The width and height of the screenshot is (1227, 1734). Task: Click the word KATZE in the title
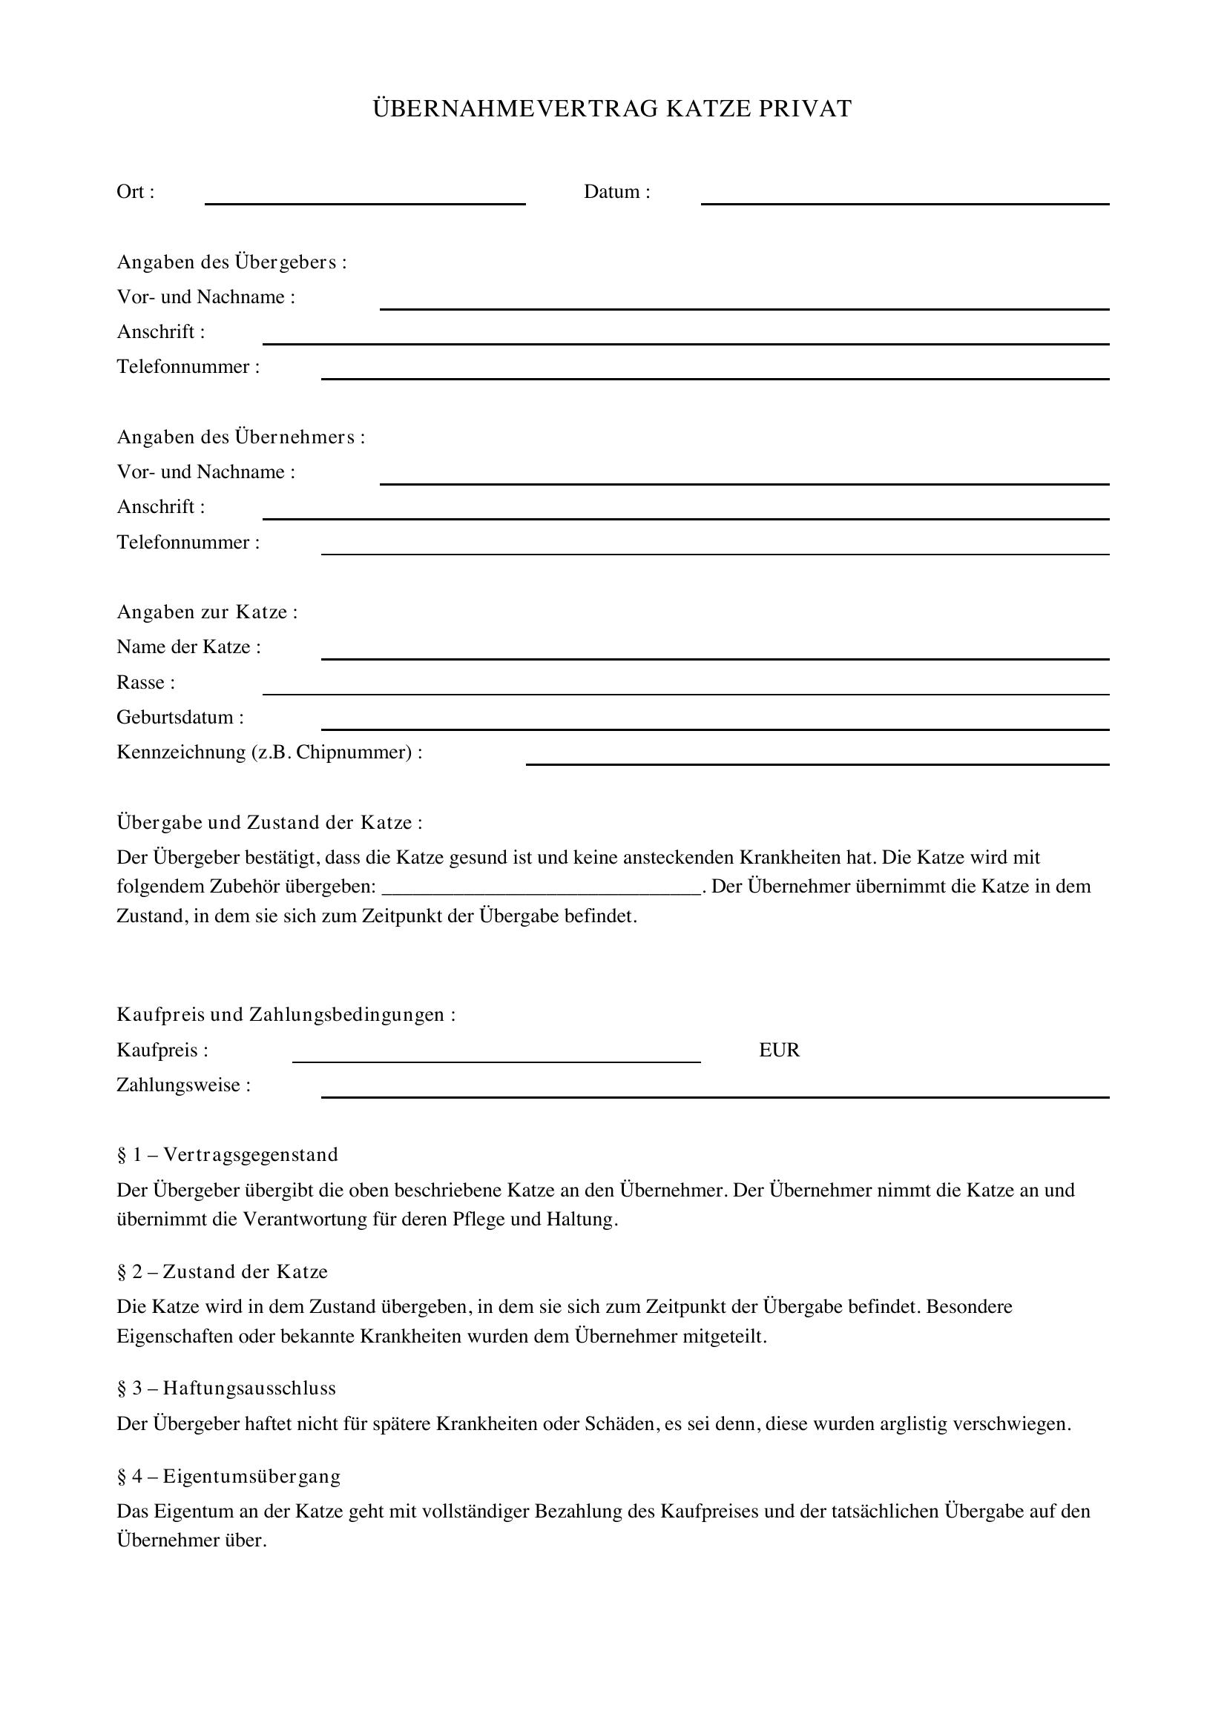[707, 110]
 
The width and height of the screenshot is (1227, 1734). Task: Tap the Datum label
[616, 192]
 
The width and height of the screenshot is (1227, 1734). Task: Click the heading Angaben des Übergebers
[231, 262]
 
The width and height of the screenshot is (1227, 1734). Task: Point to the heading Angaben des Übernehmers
[240, 437]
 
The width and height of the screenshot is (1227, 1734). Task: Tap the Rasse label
[145, 683]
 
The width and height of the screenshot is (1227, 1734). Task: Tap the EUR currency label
[779, 1050]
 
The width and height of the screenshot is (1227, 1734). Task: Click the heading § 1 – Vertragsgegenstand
[228, 1155]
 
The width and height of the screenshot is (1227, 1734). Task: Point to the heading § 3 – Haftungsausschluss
[227, 1388]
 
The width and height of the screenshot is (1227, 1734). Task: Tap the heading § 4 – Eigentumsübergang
[229, 1476]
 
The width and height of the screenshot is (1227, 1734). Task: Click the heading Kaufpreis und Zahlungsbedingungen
[286, 1014]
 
